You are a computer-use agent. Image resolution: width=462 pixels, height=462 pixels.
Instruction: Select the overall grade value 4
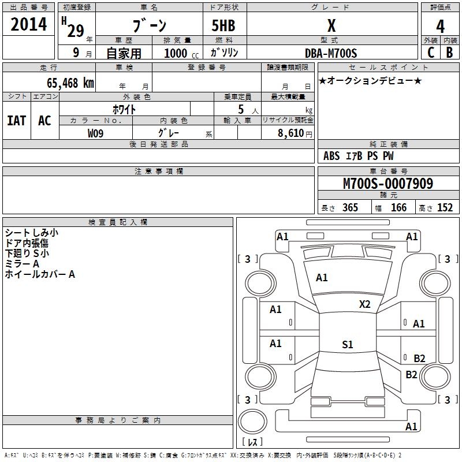[x=441, y=27]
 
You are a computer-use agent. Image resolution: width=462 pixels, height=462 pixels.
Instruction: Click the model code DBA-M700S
[x=331, y=53]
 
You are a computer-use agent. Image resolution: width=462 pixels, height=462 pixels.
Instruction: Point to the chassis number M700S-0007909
[x=388, y=184]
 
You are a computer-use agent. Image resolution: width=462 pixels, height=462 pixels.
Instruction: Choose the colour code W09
[x=96, y=133]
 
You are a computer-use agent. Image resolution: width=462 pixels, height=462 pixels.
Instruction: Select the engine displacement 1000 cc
[x=179, y=53]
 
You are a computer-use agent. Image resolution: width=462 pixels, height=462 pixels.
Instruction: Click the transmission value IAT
[x=16, y=120]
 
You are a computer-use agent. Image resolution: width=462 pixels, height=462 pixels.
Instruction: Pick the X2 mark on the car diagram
[x=364, y=304]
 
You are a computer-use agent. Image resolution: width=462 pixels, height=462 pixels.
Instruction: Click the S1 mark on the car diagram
[x=347, y=345]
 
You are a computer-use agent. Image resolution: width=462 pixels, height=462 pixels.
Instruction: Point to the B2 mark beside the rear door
[x=419, y=358]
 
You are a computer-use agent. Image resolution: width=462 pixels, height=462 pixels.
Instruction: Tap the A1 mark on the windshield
[x=322, y=278]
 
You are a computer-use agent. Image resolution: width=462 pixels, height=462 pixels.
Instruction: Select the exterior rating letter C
[x=430, y=53]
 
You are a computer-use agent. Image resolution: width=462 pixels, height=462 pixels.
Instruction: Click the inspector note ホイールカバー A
[x=40, y=274]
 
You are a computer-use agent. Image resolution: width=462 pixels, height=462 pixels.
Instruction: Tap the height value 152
[x=445, y=208]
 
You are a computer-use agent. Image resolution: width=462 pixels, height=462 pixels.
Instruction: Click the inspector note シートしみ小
[x=31, y=233]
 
